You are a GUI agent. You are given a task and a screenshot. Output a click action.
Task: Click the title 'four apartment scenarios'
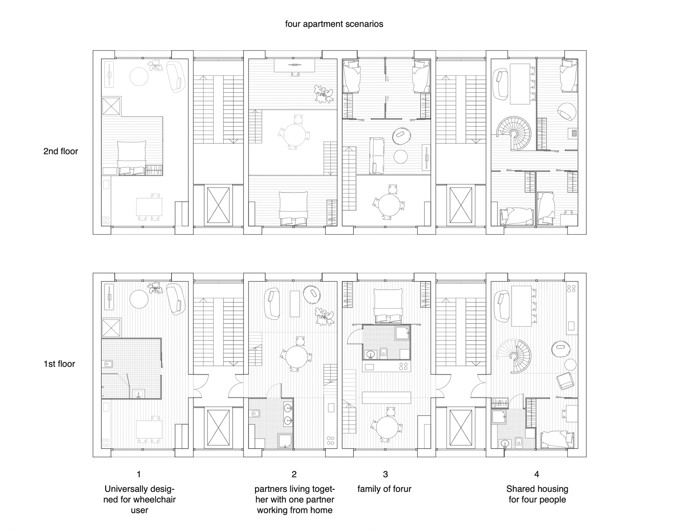334,24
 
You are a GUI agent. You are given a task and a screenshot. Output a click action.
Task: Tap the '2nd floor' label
61,151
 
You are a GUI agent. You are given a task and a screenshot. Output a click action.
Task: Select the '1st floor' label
59,364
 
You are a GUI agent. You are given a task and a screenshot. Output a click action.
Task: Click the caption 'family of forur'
384,489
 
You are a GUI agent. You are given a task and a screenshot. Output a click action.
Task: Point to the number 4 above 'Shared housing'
537,475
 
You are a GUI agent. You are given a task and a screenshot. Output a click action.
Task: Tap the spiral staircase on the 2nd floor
513,133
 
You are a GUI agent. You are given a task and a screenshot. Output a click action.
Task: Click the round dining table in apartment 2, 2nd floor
295,134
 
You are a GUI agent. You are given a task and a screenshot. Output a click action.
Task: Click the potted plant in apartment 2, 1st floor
324,317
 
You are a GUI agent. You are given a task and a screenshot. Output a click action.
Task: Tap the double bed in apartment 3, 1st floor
387,305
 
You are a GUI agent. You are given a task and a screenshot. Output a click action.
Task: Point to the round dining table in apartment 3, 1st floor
387,427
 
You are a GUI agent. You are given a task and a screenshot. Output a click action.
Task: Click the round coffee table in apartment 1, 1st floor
139,299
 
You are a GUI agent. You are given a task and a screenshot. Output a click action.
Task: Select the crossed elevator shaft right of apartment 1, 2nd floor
218,205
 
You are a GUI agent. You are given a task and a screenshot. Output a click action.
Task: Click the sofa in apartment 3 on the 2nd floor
376,156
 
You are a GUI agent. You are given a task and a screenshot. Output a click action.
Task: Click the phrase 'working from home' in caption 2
294,510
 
